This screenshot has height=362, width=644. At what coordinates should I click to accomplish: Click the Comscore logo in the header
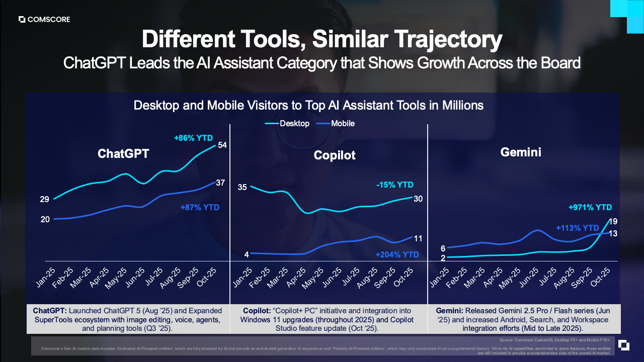tap(44, 20)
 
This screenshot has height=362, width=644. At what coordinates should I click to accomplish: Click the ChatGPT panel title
tap(123, 154)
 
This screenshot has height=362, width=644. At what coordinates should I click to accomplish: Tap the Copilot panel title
tap(335, 155)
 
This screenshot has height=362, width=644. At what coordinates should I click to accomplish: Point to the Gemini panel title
tap(521, 152)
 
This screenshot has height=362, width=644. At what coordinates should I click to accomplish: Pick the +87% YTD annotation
tap(200, 207)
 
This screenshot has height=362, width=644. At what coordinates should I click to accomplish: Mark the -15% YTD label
tap(395, 185)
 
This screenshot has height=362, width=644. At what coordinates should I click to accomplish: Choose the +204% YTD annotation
tap(397, 255)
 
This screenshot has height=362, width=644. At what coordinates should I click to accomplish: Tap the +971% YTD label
tap(590, 207)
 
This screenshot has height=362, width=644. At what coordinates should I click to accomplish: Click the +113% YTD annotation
tap(578, 228)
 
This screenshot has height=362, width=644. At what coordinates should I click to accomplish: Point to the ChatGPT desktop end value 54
tap(222, 145)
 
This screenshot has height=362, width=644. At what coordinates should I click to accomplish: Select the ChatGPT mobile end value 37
tap(220, 183)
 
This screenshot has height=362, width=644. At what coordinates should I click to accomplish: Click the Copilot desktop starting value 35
tap(242, 188)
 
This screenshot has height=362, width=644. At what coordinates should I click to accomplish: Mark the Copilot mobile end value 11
tap(418, 238)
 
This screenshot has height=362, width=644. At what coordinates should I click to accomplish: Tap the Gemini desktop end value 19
tap(613, 221)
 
